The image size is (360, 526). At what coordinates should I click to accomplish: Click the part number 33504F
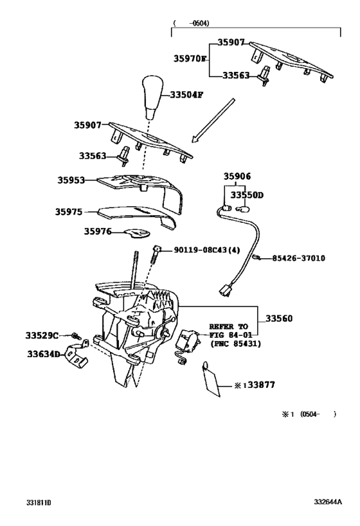point(186,94)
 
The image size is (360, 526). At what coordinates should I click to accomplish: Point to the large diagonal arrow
point(213,118)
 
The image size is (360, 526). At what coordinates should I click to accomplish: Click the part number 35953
point(70,181)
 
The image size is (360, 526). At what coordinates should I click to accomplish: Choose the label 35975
point(70,211)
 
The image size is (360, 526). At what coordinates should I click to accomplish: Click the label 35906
point(237,177)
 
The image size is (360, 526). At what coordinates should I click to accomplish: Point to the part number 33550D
point(248,195)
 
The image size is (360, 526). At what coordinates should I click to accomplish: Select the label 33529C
point(42,335)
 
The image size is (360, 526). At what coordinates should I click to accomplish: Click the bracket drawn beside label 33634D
point(76,358)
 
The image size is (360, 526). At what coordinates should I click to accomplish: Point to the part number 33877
point(259,385)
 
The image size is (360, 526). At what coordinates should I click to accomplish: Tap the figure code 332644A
point(328,502)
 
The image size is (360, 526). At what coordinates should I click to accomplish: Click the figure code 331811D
point(39,502)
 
